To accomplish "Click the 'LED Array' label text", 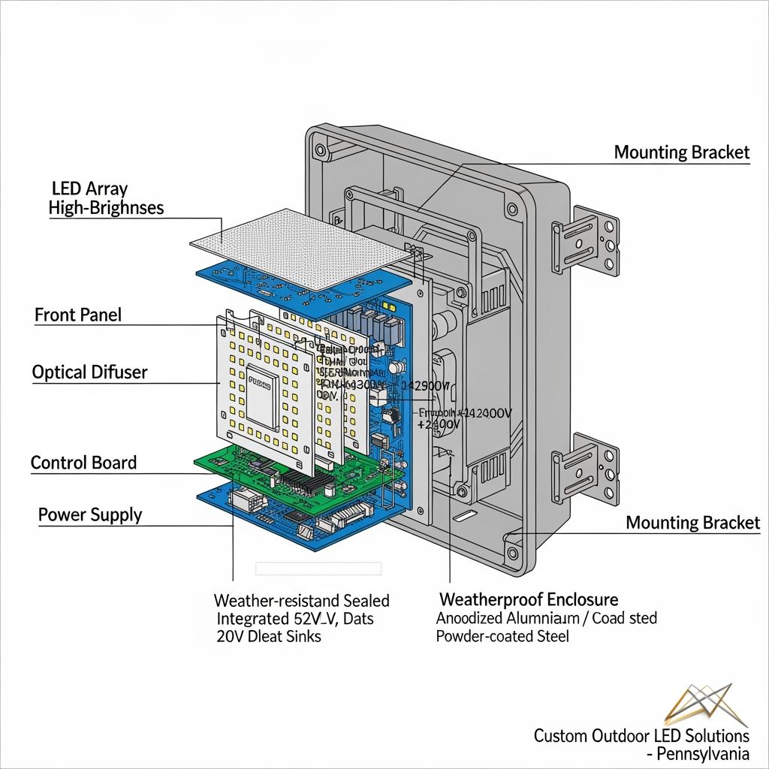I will point(89,188).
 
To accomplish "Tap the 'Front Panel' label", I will point(78,315).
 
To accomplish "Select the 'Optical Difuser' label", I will point(90,372).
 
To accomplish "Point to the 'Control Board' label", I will point(83,462).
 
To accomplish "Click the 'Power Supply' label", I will point(90,514).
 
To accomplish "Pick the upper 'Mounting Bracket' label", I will point(681,152).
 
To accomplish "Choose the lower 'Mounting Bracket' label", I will point(692,523).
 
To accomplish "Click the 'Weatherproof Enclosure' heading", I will point(529,599).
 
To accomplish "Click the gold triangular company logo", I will point(699,705).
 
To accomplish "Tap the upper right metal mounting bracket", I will point(586,237).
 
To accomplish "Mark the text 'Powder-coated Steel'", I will point(502,636).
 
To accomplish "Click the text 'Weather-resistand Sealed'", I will point(301,600).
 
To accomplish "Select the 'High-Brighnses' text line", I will point(106,208).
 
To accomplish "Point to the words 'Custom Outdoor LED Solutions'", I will point(641,735).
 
